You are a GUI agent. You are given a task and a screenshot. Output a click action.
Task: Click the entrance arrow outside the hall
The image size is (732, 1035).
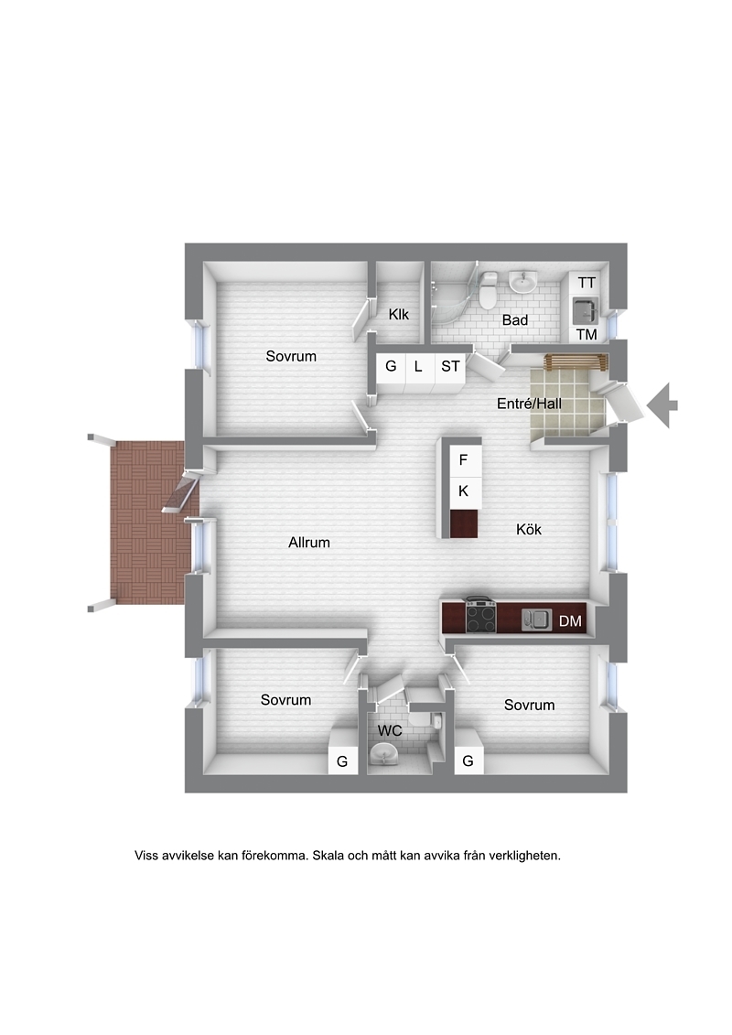click(662, 405)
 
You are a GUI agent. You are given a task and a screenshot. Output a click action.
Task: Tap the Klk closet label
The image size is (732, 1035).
click(399, 314)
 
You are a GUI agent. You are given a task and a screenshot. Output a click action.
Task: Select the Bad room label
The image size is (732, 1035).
click(515, 320)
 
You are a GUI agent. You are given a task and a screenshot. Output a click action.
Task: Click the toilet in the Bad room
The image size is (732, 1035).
click(489, 289)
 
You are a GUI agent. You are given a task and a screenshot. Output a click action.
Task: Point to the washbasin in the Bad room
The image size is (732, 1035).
click(523, 283)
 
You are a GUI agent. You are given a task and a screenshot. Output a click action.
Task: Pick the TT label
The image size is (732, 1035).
click(587, 283)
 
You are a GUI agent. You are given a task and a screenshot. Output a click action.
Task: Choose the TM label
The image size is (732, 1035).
click(587, 335)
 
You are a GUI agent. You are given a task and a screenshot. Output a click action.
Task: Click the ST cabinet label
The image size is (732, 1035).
click(450, 366)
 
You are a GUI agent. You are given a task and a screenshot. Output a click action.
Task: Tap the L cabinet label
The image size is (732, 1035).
click(418, 366)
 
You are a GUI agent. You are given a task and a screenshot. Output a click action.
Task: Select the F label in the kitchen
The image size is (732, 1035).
click(463, 459)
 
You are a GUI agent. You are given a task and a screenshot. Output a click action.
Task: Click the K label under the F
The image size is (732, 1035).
click(463, 491)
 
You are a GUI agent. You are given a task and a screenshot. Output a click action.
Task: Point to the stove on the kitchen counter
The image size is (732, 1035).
click(481, 616)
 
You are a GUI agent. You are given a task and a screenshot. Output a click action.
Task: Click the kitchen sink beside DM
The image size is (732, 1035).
click(536, 620)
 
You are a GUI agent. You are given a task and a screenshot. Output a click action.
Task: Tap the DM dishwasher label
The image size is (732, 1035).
click(570, 621)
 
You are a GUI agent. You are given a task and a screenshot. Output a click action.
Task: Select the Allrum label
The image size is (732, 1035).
click(309, 543)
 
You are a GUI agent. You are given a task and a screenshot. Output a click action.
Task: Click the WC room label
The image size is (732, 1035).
click(390, 730)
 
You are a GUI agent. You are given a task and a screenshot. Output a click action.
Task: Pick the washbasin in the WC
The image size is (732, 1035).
click(384, 752)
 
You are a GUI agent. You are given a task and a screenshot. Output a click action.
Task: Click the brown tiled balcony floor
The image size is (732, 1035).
click(147, 523)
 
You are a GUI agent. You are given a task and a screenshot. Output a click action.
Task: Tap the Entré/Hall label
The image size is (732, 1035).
click(530, 404)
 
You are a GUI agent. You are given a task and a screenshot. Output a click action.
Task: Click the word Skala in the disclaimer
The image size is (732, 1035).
click(328, 856)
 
